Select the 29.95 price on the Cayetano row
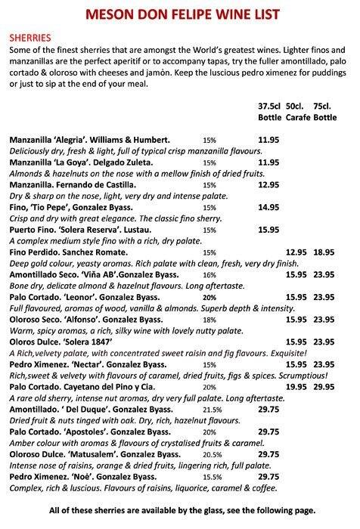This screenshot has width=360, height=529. (324, 386)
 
